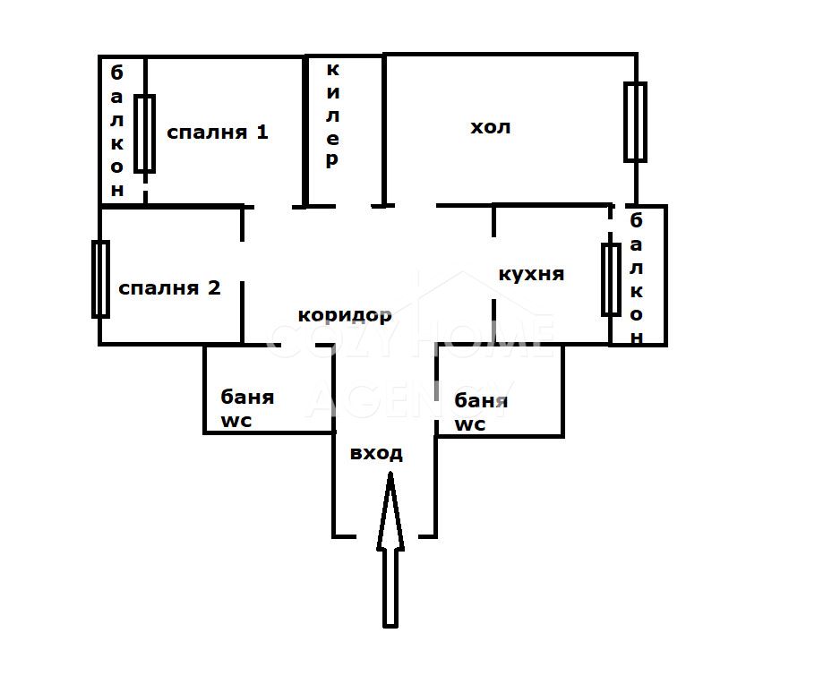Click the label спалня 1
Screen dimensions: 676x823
(x=218, y=133)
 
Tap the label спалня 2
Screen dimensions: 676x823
(x=169, y=288)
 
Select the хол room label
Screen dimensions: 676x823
(x=491, y=127)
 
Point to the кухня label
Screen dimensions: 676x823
(x=531, y=274)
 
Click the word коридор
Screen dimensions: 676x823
(x=345, y=315)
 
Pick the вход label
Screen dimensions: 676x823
(x=376, y=453)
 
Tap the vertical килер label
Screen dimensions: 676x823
(x=332, y=115)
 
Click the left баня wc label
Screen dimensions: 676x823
(x=247, y=408)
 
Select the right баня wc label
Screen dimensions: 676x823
(x=477, y=411)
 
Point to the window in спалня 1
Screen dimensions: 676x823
(x=144, y=133)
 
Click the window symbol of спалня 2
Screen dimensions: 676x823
(x=100, y=278)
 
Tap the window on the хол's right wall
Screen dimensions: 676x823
(x=635, y=122)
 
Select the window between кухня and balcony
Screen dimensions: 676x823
(x=611, y=278)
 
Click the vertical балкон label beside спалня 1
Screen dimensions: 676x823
(x=117, y=130)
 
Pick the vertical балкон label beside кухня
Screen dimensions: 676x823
(x=637, y=278)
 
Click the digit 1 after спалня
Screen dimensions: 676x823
(x=261, y=133)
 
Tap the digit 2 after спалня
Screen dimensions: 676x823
(x=214, y=288)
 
